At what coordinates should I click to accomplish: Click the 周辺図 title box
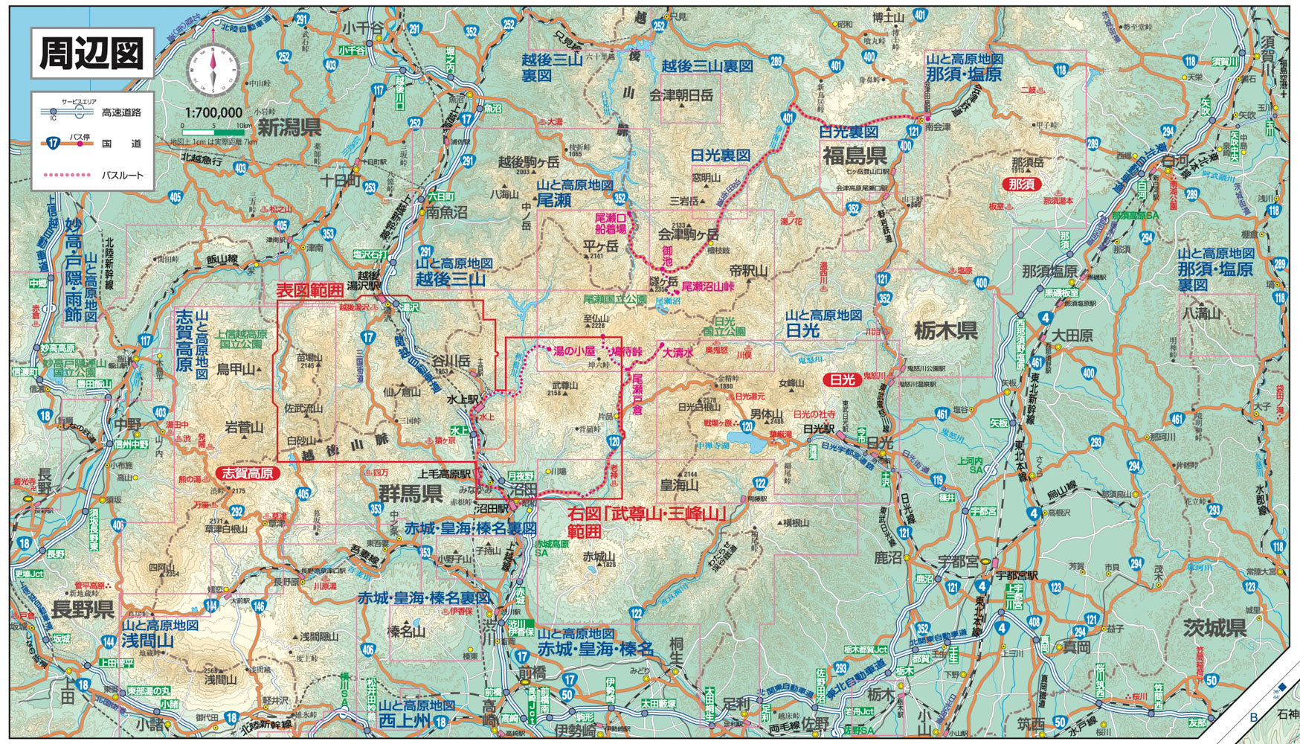pos(91,54)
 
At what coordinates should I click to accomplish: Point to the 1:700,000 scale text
pos(213,112)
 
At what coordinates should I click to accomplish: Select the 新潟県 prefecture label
pos(290,126)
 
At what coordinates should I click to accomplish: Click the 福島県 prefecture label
pos(854,155)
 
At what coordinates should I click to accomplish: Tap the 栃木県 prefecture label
pos(945,330)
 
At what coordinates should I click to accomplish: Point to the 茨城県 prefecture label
pos(1214,627)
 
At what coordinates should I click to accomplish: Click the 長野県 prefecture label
pos(82,610)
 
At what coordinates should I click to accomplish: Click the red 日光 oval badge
pos(842,379)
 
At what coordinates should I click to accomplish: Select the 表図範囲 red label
pos(310,290)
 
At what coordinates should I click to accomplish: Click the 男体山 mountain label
pos(766,414)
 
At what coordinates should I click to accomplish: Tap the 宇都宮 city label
pos(958,562)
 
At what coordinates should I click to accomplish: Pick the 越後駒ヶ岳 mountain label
pos(528,161)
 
